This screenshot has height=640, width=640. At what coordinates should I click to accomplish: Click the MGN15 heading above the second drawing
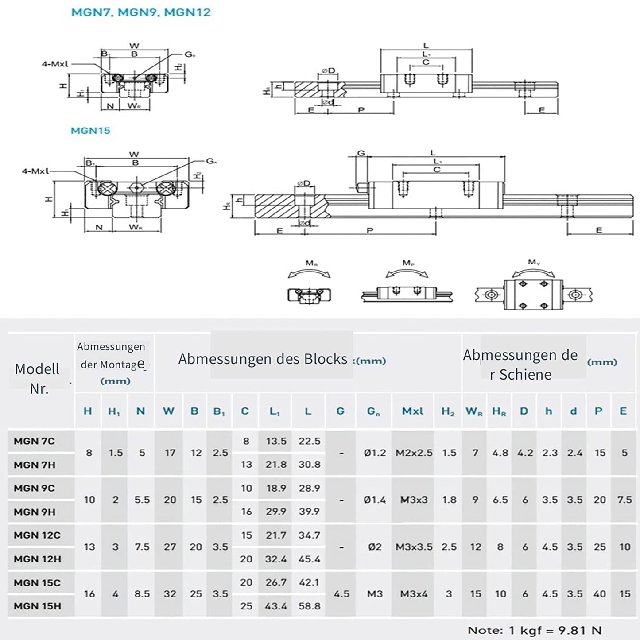click(x=90, y=131)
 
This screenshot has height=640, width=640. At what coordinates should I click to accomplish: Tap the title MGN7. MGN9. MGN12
click(x=141, y=12)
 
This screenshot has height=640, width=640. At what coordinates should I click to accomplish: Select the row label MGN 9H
click(x=35, y=512)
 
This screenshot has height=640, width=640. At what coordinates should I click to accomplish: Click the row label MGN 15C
click(x=37, y=582)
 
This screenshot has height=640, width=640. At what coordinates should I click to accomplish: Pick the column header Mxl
click(x=412, y=411)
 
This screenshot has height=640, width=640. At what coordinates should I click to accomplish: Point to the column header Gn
click(x=373, y=411)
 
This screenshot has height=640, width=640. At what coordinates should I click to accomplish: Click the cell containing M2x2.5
click(x=414, y=453)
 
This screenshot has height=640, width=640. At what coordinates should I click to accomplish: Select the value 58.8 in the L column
click(x=309, y=606)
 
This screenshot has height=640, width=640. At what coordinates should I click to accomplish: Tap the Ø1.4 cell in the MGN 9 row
click(x=375, y=500)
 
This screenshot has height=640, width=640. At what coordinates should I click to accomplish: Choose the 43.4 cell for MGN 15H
click(x=276, y=606)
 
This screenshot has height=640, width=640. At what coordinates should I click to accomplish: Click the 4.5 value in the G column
click(x=341, y=594)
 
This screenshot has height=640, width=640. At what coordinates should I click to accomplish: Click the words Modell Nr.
click(x=38, y=379)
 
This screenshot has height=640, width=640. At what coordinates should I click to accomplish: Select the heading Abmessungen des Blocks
click(x=263, y=359)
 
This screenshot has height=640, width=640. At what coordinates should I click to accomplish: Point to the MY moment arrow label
click(x=534, y=262)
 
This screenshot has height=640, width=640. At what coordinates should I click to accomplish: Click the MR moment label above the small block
click(x=311, y=264)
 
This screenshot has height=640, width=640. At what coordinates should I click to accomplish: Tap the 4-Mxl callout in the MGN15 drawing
click(x=35, y=171)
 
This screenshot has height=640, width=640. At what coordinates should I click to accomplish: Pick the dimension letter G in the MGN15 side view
click(x=361, y=153)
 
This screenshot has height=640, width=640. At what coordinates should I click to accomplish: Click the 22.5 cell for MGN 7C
click(x=309, y=441)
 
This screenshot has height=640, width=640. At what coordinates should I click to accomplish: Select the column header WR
click(x=474, y=411)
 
